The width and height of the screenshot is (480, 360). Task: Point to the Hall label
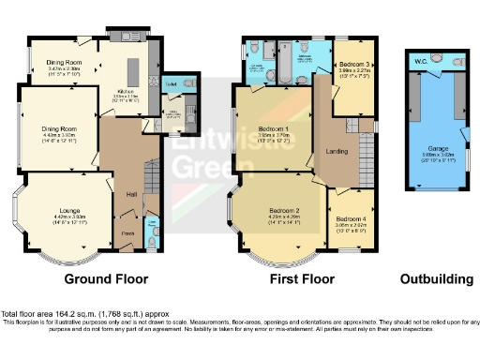131,194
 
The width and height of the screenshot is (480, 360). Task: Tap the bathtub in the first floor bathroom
279,75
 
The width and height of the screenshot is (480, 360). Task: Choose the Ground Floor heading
105,278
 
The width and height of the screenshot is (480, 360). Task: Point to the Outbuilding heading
432,278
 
